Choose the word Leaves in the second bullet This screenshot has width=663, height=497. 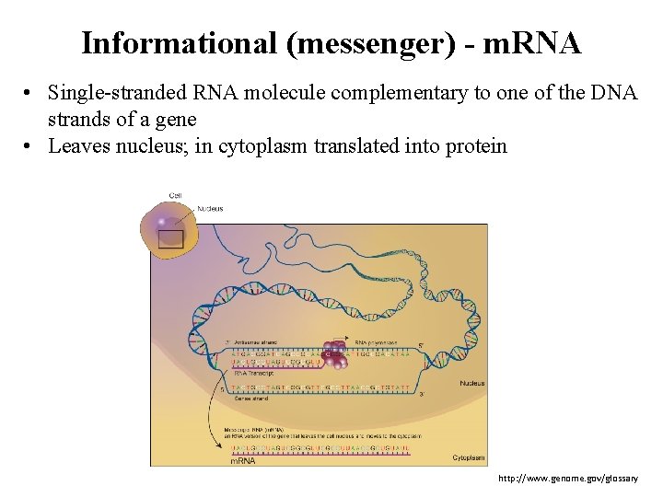[78, 145]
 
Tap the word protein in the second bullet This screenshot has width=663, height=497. [475, 145]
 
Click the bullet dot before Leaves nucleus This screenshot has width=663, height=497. [30, 145]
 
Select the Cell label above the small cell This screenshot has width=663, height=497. [175, 195]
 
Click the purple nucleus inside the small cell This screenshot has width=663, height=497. [163, 222]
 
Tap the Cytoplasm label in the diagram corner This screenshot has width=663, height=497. [469, 457]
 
